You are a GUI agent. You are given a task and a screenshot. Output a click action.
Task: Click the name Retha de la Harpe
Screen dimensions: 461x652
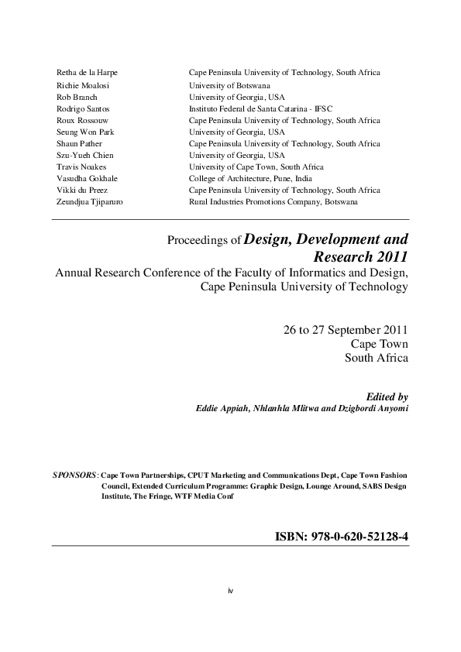tap(87, 72)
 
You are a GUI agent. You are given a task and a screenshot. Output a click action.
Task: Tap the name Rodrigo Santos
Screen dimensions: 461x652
tap(81, 109)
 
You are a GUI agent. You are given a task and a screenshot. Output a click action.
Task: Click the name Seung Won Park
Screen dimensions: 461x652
tap(84, 132)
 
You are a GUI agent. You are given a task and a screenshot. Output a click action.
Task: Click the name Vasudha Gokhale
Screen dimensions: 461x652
tap(86, 178)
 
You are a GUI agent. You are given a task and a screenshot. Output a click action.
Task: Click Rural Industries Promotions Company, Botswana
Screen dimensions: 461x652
tap(274, 201)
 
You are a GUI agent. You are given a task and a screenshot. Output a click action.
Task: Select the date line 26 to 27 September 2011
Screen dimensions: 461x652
tap(346, 330)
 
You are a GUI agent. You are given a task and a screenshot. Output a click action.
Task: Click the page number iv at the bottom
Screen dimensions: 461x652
tap(230, 591)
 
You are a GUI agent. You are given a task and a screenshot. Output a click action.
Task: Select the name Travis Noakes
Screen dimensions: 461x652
tap(81, 166)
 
